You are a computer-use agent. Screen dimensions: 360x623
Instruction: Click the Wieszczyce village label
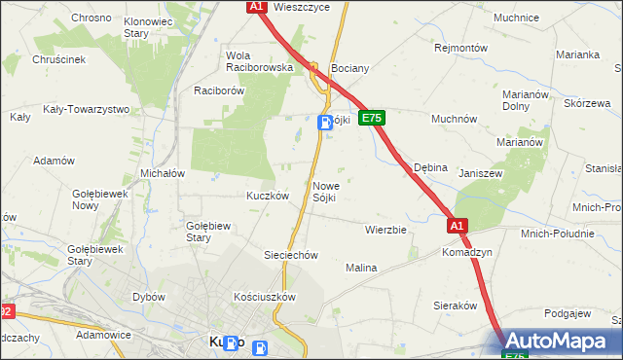pyautogui.click(x=302, y=7)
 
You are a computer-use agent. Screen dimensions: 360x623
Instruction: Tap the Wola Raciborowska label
pyautogui.click(x=259, y=61)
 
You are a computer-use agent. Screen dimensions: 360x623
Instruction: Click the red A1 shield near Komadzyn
pyautogui.click(x=458, y=226)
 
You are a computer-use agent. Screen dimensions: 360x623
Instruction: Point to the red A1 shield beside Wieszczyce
pyautogui.click(x=256, y=7)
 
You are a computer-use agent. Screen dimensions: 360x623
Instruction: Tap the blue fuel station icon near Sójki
pyautogui.click(x=325, y=122)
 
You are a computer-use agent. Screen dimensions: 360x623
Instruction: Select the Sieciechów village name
pyautogui.click(x=292, y=255)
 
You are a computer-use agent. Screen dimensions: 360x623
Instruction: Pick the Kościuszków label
pyautogui.click(x=264, y=296)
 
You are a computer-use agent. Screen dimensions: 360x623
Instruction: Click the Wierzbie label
pyautogui.click(x=385, y=231)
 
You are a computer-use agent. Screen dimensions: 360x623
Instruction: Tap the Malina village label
pyautogui.click(x=361, y=267)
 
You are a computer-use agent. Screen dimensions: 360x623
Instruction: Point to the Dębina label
pyautogui.click(x=430, y=167)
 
